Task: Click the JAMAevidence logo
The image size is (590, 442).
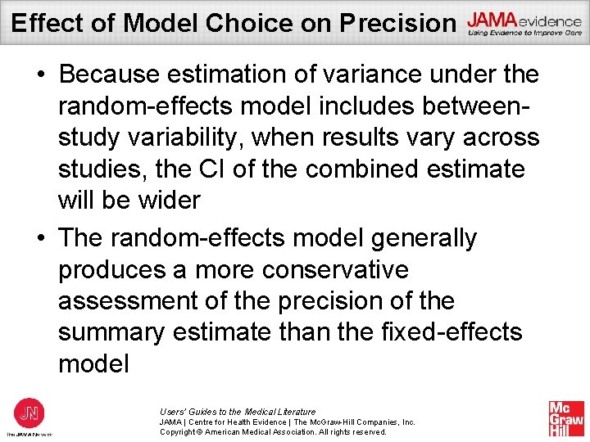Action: pos(524,25)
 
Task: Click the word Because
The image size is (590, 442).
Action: pos(113,74)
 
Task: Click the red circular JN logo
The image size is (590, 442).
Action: pos(29,412)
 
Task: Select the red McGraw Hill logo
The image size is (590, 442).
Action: pos(565,418)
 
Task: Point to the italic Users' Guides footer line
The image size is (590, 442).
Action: pos(238,411)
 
